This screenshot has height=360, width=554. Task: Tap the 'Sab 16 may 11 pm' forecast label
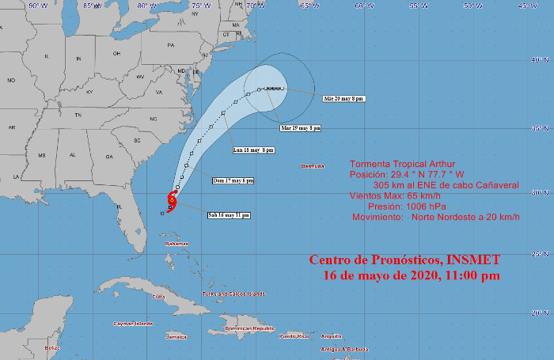click(228, 215)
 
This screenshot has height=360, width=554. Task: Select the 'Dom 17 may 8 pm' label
click(234, 180)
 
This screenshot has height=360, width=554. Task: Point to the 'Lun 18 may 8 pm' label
click(254, 150)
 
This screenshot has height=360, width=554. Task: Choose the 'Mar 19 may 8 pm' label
click(301, 127)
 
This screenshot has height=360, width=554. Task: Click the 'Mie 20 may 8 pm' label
click(343, 99)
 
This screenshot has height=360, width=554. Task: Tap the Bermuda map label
click(313, 166)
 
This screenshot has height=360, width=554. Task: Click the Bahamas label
click(177, 244)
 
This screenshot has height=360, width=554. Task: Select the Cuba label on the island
click(158, 296)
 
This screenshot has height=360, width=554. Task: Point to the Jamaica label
click(176, 336)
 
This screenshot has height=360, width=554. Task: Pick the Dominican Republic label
click(250, 328)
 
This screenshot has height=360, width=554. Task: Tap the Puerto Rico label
click(293, 336)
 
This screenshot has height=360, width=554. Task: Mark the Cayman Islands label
click(132, 324)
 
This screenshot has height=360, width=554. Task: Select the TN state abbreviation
click(78, 115)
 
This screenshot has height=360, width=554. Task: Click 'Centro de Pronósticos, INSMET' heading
click(404, 260)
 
